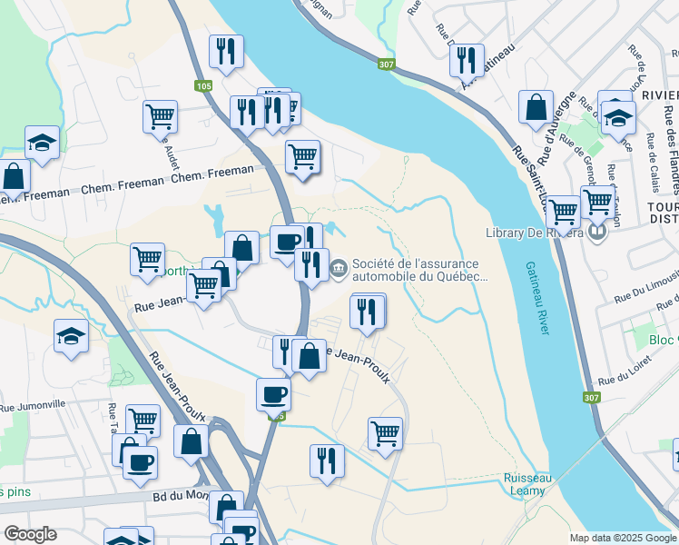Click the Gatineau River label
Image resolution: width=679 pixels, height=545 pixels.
[x=537, y=298]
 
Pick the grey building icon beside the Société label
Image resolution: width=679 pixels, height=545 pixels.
[x=339, y=267]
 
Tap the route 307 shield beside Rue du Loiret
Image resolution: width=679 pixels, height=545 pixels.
[x=591, y=397]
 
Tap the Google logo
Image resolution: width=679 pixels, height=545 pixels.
[x=30, y=534]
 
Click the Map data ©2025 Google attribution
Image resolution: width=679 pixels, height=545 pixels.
[x=623, y=538]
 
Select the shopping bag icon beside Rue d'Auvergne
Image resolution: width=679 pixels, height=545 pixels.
[x=536, y=107]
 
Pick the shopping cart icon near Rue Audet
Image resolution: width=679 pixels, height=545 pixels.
[x=160, y=116]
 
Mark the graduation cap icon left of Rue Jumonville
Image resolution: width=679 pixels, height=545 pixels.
[x=72, y=335]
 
